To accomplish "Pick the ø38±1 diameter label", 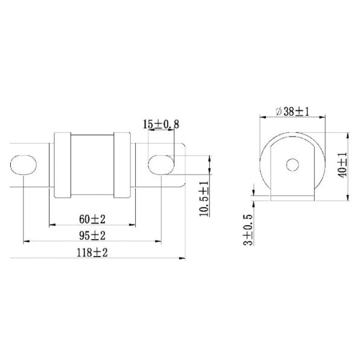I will point(293,111).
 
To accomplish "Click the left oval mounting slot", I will point(24,165).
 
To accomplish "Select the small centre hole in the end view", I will point(293,164).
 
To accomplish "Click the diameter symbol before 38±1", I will point(278,111).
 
